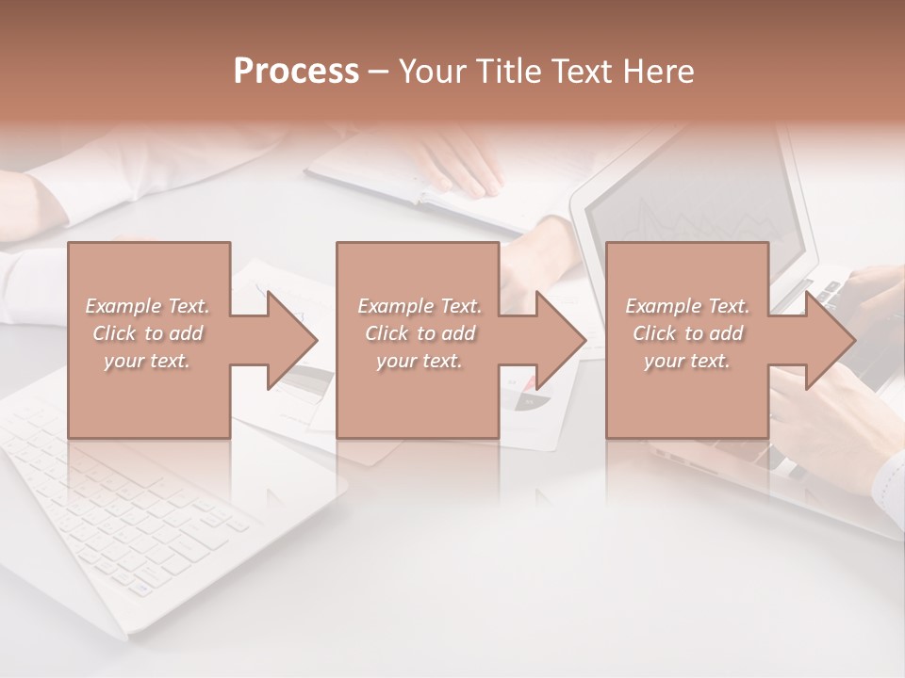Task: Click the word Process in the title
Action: coord(296,72)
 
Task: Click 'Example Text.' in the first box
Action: coord(147,306)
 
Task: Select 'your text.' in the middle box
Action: coord(419,361)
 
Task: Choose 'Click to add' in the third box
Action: coord(687,333)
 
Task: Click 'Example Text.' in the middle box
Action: coord(419,306)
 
